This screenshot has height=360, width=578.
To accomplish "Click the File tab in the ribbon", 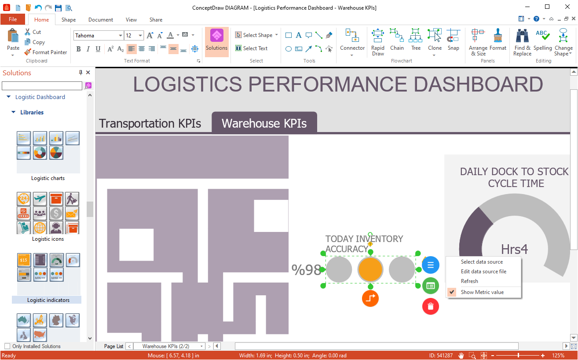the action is (x=13, y=19).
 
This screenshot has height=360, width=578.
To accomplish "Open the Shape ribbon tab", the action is (x=68, y=20).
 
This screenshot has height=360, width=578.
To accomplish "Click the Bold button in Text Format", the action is (x=78, y=49).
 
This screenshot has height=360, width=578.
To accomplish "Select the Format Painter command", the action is (x=46, y=52).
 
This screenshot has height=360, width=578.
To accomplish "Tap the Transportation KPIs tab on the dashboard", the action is (x=150, y=123).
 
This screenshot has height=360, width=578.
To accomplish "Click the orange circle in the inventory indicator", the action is (x=370, y=269).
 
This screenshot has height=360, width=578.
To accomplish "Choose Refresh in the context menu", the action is (x=469, y=281).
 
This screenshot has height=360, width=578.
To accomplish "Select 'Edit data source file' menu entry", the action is (x=483, y=272).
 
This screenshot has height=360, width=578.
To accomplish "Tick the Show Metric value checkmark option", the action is (x=452, y=292).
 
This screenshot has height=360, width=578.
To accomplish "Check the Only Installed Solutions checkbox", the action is (x=7, y=346).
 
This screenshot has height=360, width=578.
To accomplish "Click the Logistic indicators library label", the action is (x=48, y=300).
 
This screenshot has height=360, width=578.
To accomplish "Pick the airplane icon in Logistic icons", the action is (x=40, y=199).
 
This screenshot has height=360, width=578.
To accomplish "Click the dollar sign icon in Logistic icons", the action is (x=56, y=213).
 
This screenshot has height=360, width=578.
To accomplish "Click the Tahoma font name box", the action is (x=96, y=35).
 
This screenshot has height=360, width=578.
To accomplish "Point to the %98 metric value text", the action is (x=306, y=270).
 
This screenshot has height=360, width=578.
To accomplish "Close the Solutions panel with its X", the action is (x=88, y=73).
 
